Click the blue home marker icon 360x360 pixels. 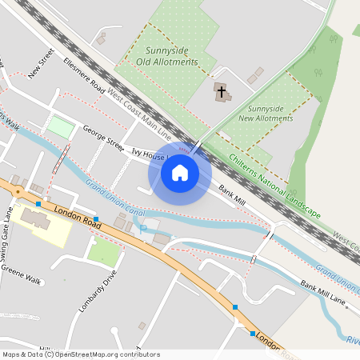180,173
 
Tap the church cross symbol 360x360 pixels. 220,90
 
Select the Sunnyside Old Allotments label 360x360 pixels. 167,55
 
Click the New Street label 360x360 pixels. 40,64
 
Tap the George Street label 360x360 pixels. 104,138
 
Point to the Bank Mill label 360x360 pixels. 232,194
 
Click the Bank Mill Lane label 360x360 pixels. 323,293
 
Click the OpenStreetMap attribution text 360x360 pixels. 81,354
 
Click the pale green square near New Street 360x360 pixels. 59,126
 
